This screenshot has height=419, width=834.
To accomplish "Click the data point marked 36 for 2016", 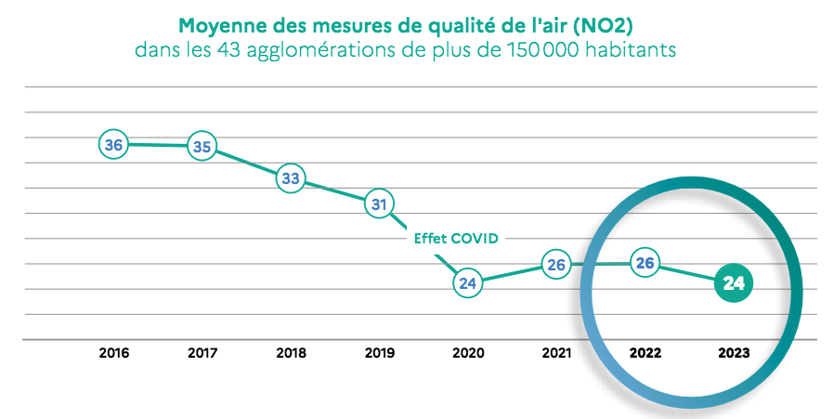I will (x=113, y=145).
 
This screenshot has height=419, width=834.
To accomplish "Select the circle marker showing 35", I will (x=202, y=146).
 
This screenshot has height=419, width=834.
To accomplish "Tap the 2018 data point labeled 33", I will (x=291, y=178).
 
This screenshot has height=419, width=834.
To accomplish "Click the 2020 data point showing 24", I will (x=467, y=283).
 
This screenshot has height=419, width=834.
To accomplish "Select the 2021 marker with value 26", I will (x=556, y=265).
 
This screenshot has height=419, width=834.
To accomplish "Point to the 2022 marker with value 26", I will (x=645, y=263).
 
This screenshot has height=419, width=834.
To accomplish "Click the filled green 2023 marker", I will (x=734, y=283).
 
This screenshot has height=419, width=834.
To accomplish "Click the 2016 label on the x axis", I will (x=113, y=354).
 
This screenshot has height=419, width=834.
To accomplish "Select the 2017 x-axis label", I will (x=202, y=354).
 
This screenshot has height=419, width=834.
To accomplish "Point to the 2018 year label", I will (x=291, y=354).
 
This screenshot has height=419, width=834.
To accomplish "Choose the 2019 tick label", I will (x=379, y=354).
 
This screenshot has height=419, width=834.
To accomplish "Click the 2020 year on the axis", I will (x=467, y=354).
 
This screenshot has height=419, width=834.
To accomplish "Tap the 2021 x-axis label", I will (x=556, y=354).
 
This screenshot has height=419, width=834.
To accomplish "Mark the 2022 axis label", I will (x=645, y=354).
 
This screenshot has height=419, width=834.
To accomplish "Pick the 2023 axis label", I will (x=734, y=354).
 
